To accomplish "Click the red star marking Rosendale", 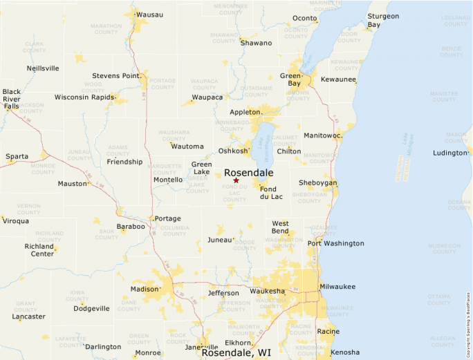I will click(x=236, y=180).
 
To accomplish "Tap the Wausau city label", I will click(x=150, y=14).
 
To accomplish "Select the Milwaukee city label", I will click(x=337, y=286).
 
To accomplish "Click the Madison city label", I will click(x=145, y=289).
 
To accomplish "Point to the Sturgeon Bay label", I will click(x=383, y=20).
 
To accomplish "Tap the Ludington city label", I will click(x=450, y=153).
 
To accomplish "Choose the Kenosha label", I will click(x=345, y=352).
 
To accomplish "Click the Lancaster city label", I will click(x=28, y=316).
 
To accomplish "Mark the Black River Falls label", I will click(x=11, y=99).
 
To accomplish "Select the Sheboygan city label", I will click(x=317, y=182).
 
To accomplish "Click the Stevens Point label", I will click(x=116, y=75).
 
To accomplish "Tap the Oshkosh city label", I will click(x=232, y=151).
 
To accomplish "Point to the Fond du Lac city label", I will click(x=271, y=193).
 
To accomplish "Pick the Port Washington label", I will click(x=335, y=243).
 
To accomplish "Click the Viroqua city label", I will click(x=16, y=221).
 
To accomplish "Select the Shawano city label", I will click(x=256, y=43).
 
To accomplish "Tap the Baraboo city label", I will click(x=131, y=226).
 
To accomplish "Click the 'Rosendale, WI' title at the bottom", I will click(x=236, y=352).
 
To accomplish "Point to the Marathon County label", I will click(x=106, y=30).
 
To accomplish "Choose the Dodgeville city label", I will click(x=91, y=308).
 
